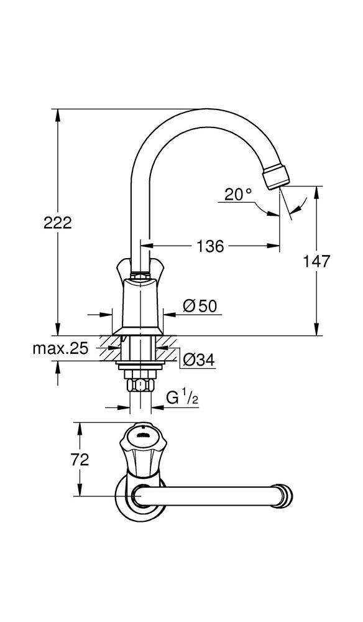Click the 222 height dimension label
pyautogui.click(x=58, y=222)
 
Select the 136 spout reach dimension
pyautogui.click(x=210, y=246)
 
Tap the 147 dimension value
pyautogui.click(x=334, y=261)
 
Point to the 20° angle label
pyautogui.click(x=239, y=195)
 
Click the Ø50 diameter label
pyautogui.click(x=199, y=305)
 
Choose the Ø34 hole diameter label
pyautogui.click(x=199, y=359)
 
